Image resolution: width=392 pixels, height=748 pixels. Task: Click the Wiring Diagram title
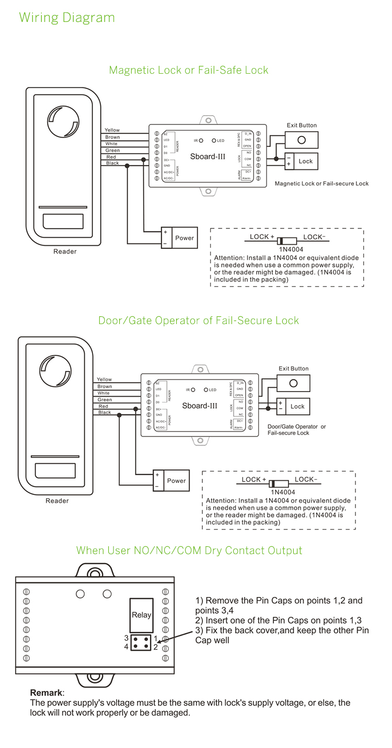[x=67, y=17]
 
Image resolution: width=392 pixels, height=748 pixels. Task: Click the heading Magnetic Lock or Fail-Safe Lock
[x=189, y=70]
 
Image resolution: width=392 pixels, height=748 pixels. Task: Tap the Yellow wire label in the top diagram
[x=112, y=130]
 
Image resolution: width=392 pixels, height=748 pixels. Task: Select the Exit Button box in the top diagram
[x=302, y=140]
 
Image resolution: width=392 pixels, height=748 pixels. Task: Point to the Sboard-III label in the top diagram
[x=208, y=156]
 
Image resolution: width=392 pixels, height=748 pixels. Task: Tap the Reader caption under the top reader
[x=65, y=251]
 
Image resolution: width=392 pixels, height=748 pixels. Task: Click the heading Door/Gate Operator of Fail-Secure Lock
[x=199, y=320]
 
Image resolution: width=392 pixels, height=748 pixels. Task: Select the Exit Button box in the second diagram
[x=293, y=383]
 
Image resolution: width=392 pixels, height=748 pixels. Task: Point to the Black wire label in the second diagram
[x=105, y=412]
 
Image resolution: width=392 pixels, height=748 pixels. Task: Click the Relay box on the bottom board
[x=141, y=615]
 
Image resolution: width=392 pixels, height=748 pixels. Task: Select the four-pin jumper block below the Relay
[x=141, y=642]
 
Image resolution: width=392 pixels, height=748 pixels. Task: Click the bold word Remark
[x=46, y=693]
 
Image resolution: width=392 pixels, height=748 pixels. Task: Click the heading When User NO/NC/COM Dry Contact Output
[x=189, y=550]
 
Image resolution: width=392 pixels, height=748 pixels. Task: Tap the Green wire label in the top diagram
[x=112, y=151]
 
